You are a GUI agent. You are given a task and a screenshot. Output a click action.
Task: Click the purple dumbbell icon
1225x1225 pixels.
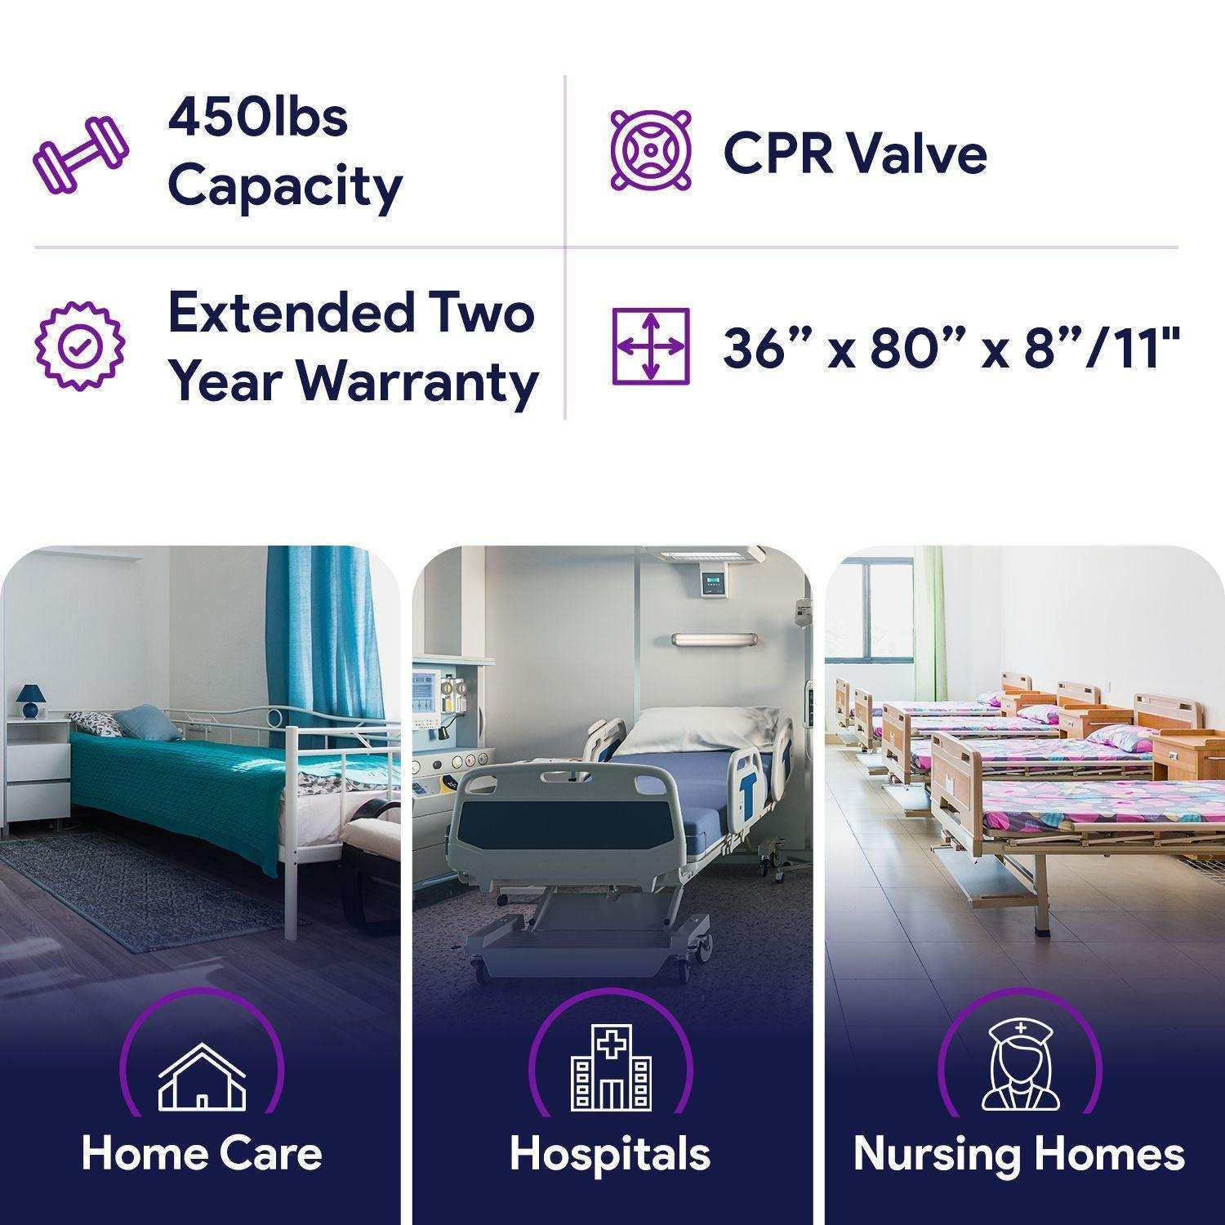pyautogui.click(x=80, y=156)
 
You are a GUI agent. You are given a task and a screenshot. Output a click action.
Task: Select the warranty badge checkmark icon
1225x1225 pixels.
pyautogui.click(x=80, y=346)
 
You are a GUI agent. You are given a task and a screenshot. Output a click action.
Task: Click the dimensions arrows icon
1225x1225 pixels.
pyautogui.click(x=651, y=346)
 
